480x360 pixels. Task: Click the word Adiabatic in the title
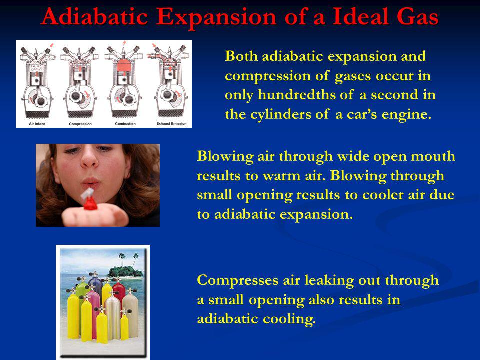(95, 16)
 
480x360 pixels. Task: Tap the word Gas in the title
(417, 16)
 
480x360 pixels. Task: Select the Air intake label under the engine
(37, 124)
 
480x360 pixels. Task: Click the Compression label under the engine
(80, 124)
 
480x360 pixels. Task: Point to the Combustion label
(125, 124)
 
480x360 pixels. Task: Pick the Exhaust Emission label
(171, 123)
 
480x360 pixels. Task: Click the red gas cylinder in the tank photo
(119, 294)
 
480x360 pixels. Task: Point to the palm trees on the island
(128, 259)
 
